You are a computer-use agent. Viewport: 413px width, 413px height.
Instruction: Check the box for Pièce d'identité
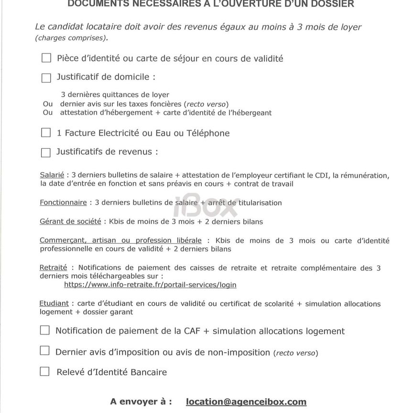pyautogui.click(x=46, y=58)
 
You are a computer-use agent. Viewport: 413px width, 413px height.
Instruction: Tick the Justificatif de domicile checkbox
pyautogui.click(x=46, y=77)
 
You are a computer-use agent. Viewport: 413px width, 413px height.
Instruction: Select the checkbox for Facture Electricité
pyautogui.click(x=46, y=132)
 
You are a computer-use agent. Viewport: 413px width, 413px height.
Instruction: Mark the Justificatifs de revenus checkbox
pyautogui.click(x=46, y=152)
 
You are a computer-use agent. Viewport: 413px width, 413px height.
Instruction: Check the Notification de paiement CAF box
pyautogui.click(x=44, y=330)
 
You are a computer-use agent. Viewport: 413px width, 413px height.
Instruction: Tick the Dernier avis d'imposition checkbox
pyautogui.click(x=44, y=351)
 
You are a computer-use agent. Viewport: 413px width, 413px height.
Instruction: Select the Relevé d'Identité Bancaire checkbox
pyautogui.click(x=44, y=371)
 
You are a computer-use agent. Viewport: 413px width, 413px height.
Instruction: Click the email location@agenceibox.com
pyautogui.click(x=246, y=402)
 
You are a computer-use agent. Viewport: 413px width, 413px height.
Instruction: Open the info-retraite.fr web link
pyautogui.click(x=150, y=285)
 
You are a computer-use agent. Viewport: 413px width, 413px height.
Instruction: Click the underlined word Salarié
pyautogui.click(x=52, y=175)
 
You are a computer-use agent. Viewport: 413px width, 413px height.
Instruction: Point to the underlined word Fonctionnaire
pyautogui.click(x=63, y=203)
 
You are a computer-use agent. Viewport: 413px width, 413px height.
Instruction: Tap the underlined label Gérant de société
pyautogui.click(x=70, y=222)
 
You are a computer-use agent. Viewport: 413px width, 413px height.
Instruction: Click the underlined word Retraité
pyautogui.click(x=53, y=268)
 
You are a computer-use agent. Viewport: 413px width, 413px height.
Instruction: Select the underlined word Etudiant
pyautogui.click(x=54, y=304)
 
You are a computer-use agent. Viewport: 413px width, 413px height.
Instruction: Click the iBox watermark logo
pyautogui.click(x=206, y=206)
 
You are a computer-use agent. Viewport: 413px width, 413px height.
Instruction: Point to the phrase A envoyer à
pyautogui.click(x=141, y=402)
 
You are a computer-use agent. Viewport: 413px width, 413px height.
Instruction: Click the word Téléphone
pyautogui.click(x=208, y=133)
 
